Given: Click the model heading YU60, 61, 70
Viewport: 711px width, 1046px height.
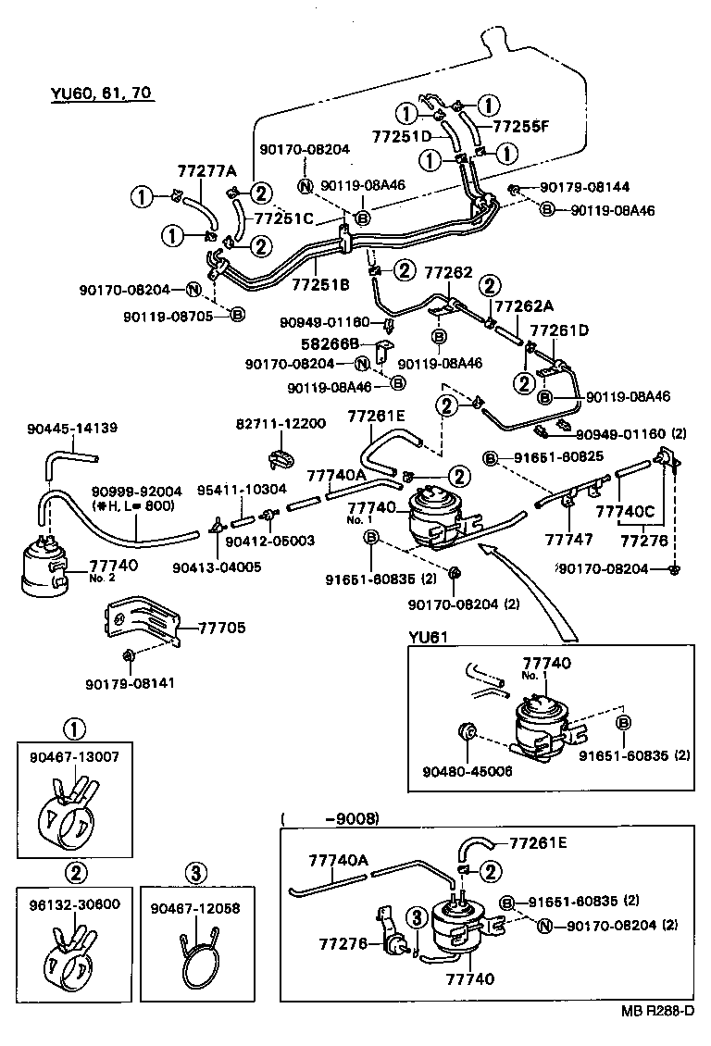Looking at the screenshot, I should tap(101, 93).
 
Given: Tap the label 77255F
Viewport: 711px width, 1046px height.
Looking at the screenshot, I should tap(521, 128).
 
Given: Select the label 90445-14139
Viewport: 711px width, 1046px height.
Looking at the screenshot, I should tap(72, 428).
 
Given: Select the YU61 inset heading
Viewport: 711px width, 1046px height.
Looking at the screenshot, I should tap(429, 638).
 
